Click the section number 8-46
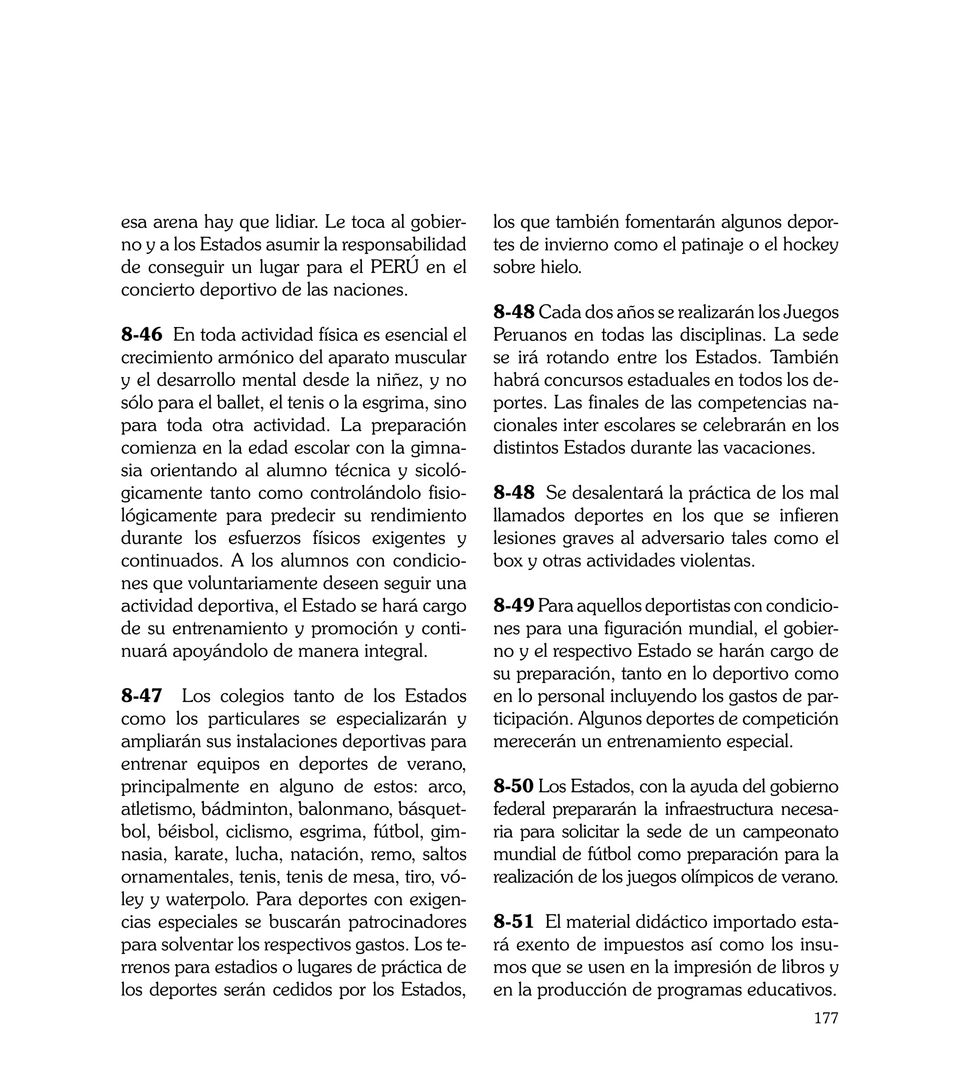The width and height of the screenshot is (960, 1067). [142, 335]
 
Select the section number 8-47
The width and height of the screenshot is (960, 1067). [142, 696]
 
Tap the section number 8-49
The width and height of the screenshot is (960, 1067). [514, 606]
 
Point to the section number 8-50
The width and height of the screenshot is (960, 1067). [514, 786]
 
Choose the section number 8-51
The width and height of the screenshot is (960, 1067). [514, 922]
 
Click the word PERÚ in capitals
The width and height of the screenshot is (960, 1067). [395, 267]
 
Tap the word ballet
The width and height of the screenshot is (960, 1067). [240, 403]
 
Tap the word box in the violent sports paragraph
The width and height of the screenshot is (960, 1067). [508, 561]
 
